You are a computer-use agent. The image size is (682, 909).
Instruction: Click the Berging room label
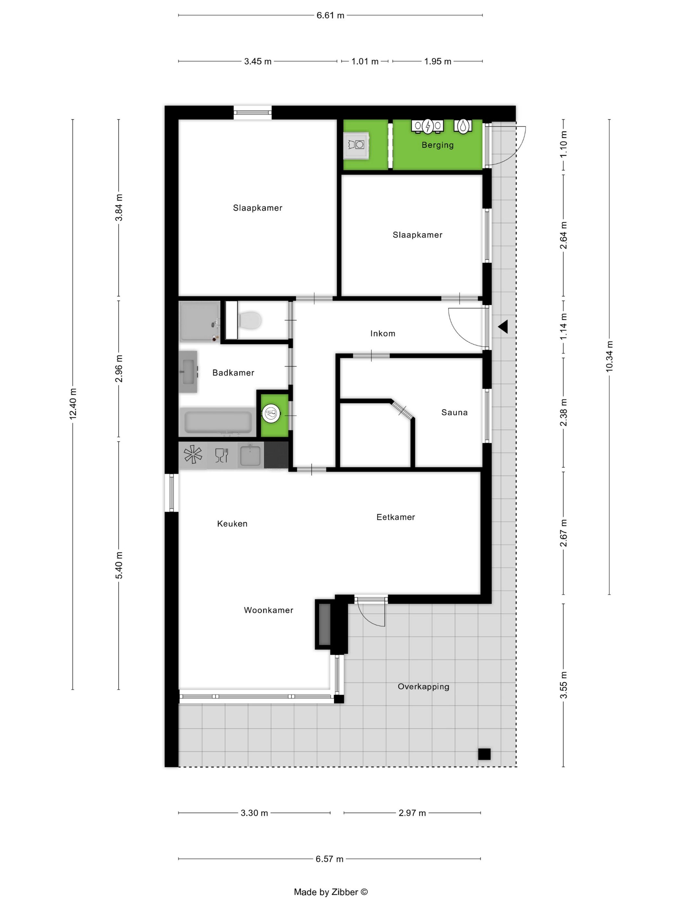click(437, 145)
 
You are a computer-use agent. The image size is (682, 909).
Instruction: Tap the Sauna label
click(454, 413)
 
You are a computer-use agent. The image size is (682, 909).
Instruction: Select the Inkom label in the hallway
click(383, 334)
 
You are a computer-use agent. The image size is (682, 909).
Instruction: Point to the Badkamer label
click(233, 373)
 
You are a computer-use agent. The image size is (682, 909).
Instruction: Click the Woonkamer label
click(269, 610)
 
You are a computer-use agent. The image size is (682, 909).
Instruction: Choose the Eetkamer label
click(396, 517)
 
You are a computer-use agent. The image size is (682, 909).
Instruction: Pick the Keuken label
click(232, 524)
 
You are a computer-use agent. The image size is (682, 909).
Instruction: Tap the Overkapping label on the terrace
click(423, 687)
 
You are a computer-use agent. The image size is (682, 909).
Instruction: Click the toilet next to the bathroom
click(250, 320)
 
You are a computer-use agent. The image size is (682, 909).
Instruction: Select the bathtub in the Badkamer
click(218, 422)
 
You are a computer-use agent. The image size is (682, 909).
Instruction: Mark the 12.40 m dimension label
click(73, 404)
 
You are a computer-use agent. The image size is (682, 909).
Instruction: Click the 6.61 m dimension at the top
click(330, 16)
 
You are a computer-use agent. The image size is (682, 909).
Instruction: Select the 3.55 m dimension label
click(563, 685)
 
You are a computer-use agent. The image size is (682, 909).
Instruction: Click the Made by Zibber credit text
click(331, 892)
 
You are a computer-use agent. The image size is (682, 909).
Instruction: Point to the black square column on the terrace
click(484, 754)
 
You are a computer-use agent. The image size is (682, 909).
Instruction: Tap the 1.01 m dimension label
click(365, 62)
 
